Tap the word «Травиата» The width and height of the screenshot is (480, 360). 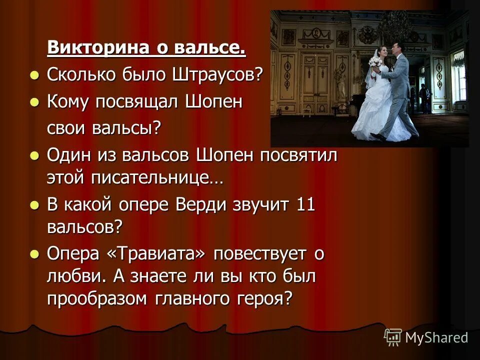pyautogui.click(x=156, y=253)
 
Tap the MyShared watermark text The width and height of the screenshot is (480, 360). pyautogui.click(x=436, y=337)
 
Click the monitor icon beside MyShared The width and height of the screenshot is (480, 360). pyautogui.click(x=393, y=337)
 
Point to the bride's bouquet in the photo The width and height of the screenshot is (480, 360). pyautogui.click(x=375, y=62)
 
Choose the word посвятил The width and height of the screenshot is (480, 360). pyautogui.click(x=298, y=155)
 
